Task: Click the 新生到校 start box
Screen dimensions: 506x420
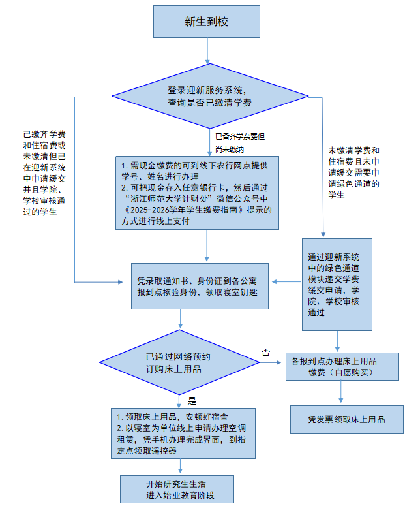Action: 207,22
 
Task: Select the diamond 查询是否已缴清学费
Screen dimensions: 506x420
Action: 207,97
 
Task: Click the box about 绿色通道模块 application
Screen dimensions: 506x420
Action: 337,284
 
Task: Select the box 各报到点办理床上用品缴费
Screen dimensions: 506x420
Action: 342,366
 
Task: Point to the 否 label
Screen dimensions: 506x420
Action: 265,352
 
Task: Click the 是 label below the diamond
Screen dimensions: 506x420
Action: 192,400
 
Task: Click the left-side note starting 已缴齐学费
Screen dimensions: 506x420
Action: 44,172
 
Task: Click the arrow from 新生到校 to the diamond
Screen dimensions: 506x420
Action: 207,50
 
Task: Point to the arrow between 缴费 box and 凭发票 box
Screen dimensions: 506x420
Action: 340,392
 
